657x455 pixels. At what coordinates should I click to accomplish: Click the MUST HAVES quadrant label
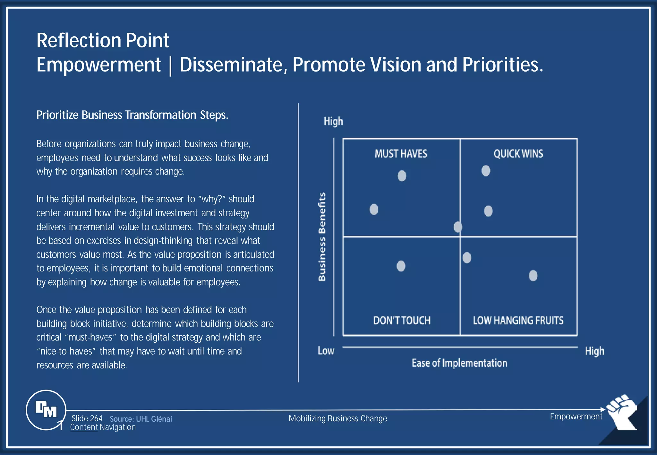point(401,154)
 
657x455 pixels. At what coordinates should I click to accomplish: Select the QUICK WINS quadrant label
point(518,154)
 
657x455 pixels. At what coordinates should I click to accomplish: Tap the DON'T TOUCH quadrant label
point(402,320)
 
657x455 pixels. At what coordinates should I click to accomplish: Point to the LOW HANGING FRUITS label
point(518,320)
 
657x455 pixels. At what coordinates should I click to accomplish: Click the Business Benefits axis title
point(322,237)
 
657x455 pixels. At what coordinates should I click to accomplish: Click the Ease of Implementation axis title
point(459,363)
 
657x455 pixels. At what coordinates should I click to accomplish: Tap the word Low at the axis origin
point(326,351)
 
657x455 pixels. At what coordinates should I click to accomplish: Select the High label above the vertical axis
point(333,121)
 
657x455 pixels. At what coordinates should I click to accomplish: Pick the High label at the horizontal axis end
point(594,351)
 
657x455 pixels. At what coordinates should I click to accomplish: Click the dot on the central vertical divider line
point(458,227)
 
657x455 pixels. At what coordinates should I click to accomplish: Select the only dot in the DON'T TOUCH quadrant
point(401,266)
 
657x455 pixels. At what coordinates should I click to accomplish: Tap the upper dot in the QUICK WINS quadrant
point(486,171)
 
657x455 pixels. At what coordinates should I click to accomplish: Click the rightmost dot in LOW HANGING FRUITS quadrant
point(533,276)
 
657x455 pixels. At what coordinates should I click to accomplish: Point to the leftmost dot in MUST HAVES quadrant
point(374,210)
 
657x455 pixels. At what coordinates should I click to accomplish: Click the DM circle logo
point(46,410)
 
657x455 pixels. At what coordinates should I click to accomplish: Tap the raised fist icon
point(622,412)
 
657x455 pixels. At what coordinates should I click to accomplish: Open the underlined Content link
point(84,427)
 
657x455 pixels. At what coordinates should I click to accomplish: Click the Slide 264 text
point(87,418)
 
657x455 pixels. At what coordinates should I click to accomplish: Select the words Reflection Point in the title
point(103,40)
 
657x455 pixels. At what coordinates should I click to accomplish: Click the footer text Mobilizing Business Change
point(337,418)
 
